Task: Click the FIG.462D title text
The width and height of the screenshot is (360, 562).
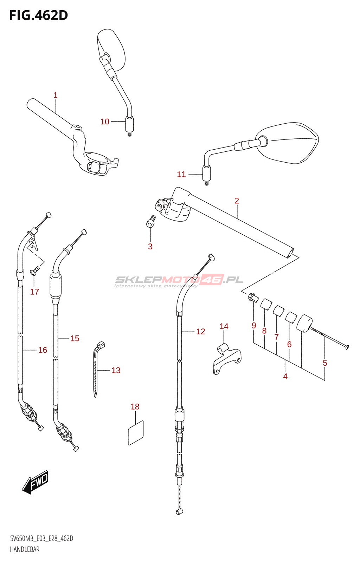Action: tap(38, 15)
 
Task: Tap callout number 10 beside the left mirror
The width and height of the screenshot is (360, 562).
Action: tap(105, 122)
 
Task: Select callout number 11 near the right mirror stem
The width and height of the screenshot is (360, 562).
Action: tap(181, 174)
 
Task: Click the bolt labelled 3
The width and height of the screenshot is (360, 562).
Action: tap(151, 223)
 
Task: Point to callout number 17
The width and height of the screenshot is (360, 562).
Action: tap(34, 292)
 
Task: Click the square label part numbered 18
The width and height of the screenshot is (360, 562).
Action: tap(136, 433)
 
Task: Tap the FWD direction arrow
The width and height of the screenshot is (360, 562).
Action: tap(35, 482)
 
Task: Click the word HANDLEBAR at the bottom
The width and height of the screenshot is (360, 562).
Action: tap(25, 549)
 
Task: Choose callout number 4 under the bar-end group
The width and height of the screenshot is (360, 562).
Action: tap(285, 376)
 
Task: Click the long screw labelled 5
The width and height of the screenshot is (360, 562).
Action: tap(329, 338)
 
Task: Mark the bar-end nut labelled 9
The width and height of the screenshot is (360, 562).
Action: tap(252, 297)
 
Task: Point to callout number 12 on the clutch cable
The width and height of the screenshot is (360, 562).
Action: tap(200, 331)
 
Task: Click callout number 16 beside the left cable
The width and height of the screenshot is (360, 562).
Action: tap(43, 350)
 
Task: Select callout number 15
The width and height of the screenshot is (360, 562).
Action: tap(75, 338)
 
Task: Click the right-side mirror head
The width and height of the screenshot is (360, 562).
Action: tap(288, 143)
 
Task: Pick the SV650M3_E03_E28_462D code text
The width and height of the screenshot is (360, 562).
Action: tap(41, 538)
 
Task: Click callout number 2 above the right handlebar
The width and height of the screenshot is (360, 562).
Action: tap(237, 201)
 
